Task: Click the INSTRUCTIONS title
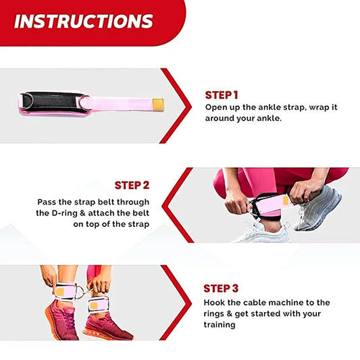[x=84, y=22]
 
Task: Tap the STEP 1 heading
[x=222, y=95]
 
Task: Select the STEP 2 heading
[x=132, y=186]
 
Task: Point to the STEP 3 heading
[x=221, y=288]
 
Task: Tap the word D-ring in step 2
[x=65, y=213]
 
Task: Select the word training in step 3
[x=220, y=325]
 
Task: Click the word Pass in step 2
[x=47, y=202]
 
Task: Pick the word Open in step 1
[x=215, y=107]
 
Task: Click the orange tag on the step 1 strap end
[x=158, y=105]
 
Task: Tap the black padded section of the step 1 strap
[x=53, y=101]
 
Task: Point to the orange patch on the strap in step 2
[x=286, y=201]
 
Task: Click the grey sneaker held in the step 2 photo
[x=319, y=209]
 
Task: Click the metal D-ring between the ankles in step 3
[x=80, y=292]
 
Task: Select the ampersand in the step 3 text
[x=230, y=313]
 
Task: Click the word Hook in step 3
[x=214, y=303]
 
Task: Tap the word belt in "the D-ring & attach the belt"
[x=141, y=213]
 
